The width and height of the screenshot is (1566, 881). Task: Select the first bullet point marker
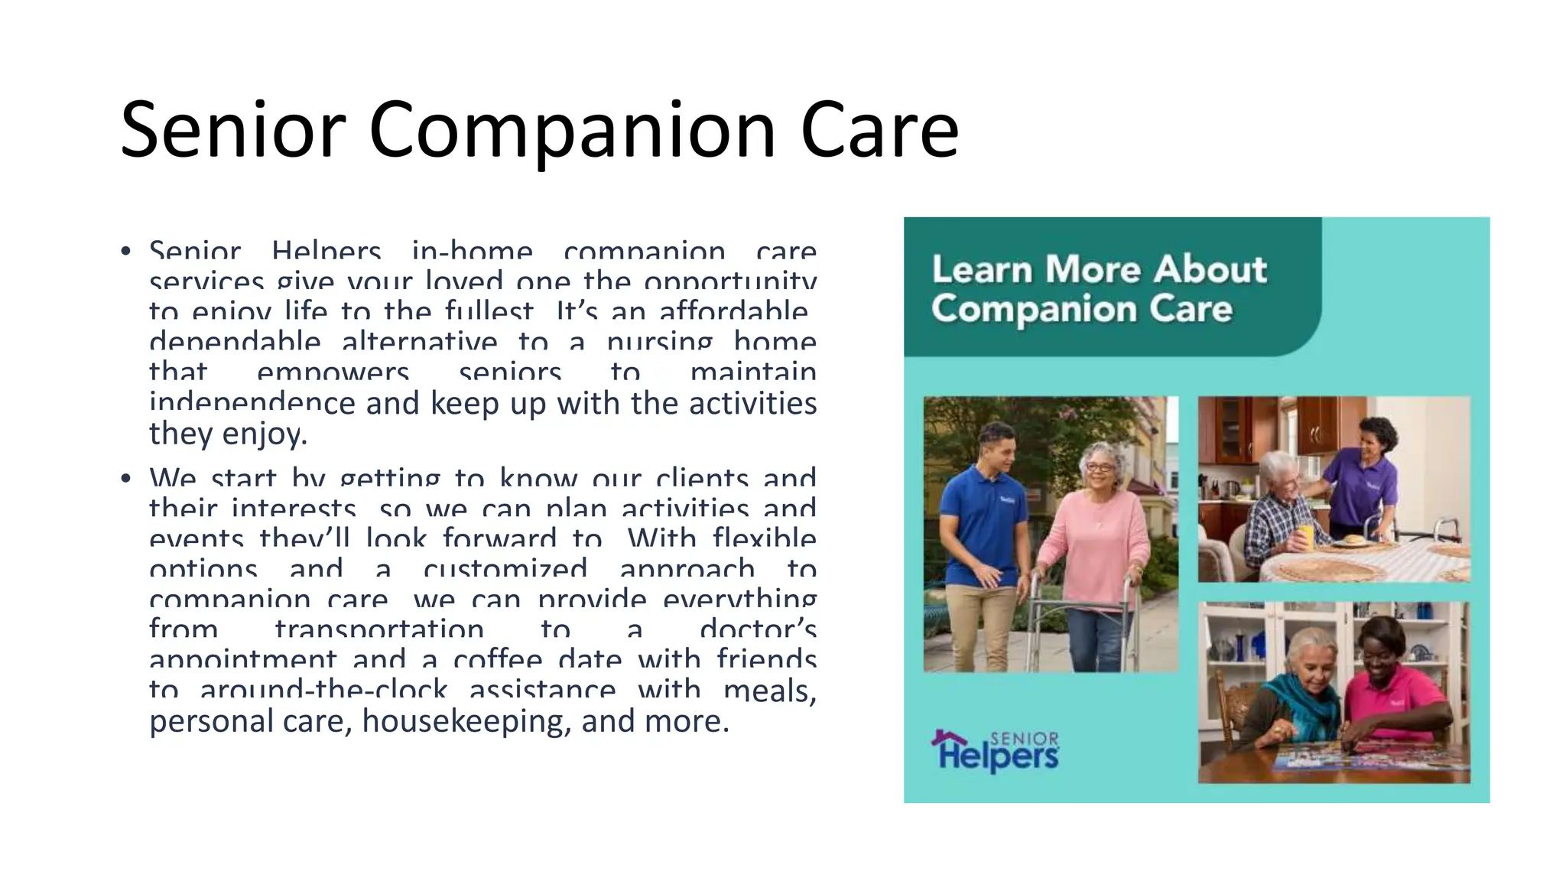coord(126,251)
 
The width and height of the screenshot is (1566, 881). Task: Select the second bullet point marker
coord(126,479)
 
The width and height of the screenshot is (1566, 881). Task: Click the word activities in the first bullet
coord(752,404)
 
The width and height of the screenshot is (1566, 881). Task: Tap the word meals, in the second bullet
coord(769,691)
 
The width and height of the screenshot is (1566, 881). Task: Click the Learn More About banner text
coord(1099,269)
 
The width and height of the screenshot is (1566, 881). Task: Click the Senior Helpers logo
coord(995,751)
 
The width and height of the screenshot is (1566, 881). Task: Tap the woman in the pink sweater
coord(1095,535)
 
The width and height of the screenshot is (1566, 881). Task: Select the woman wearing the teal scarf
coord(1300,688)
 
